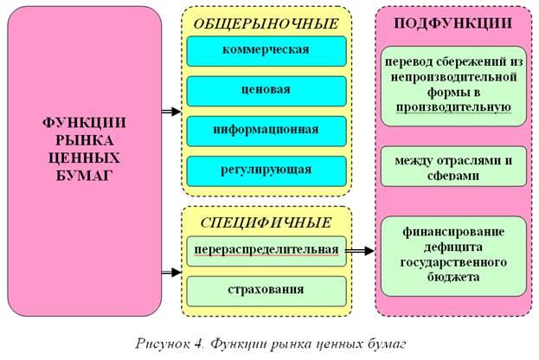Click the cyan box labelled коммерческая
point(266,49)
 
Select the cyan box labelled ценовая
point(266,89)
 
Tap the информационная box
point(266,130)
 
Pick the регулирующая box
point(266,170)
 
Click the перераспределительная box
point(266,250)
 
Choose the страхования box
point(266,289)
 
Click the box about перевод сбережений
point(453,86)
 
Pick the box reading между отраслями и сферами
point(453,166)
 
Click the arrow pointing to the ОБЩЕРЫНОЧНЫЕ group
point(171,112)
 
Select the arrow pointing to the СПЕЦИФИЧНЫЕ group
point(171,273)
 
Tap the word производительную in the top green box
point(453,107)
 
